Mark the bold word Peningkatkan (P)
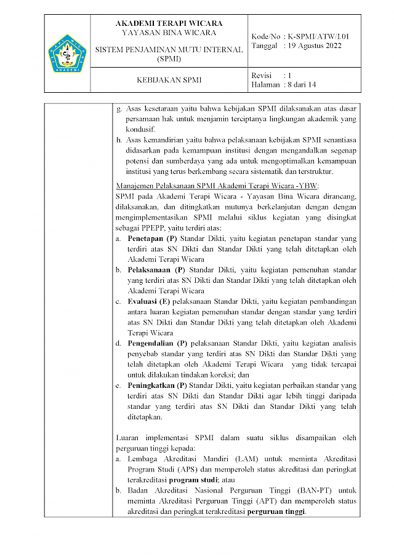coord(157,385)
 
